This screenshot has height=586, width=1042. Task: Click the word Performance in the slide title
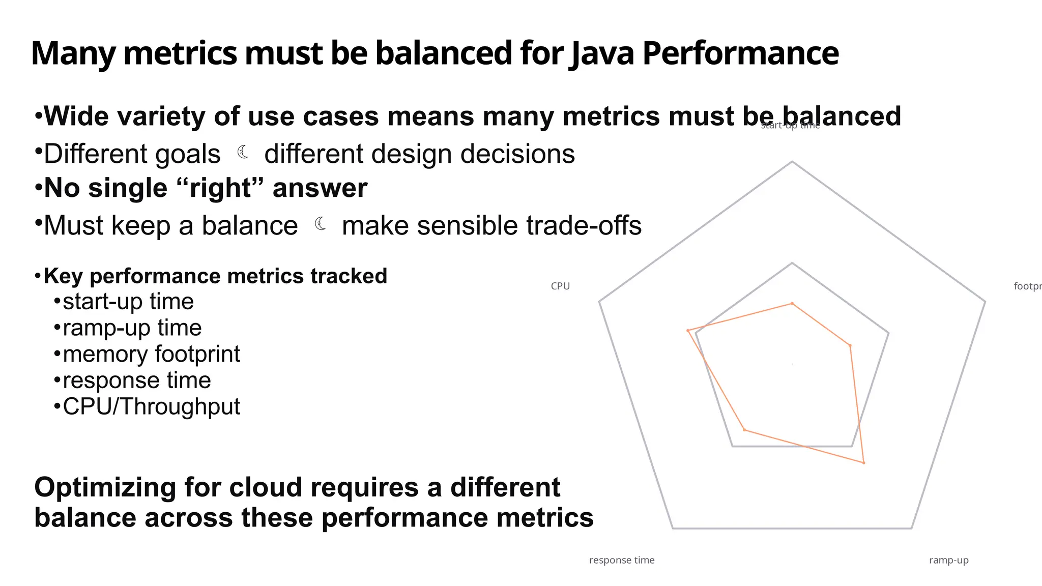pyautogui.click(x=740, y=53)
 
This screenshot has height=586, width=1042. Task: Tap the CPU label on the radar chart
pyautogui.click(x=560, y=286)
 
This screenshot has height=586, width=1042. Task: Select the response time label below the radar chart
pyautogui.click(x=621, y=560)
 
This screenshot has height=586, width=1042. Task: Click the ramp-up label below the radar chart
pyautogui.click(x=948, y=560)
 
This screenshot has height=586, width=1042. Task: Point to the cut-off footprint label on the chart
pyautogui.click(x=1027, y=286)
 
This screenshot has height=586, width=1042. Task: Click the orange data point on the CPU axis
pyautogui.click(x=688, y=331)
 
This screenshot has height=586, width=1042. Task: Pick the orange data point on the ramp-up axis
pyautogui.click(x=863, y=462)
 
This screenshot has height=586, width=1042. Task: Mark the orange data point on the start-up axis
pyautogui.click(x=792, y=303)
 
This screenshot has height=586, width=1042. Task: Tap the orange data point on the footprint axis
pyautogui.click(x=850, y=345)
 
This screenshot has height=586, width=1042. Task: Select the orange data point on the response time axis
pyautogui.click(x=744, y=430)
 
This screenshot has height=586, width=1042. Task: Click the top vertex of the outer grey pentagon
pyautogui.click(x=792, y=162)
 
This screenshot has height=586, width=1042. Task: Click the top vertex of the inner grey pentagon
pyautogui.click(x=792, y=263)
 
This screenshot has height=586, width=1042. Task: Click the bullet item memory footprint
pyautogui.click(x=151, y=354)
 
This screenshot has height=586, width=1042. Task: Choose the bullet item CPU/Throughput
pyautogui.click(x=151, y=406)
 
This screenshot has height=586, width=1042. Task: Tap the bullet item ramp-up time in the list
pyautogui.click(x=132, y=328)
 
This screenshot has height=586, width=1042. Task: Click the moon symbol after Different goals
pyautogui.click(x=243, y=152)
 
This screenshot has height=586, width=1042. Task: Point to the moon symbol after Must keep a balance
pyautogui.click(x=321, y=223)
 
